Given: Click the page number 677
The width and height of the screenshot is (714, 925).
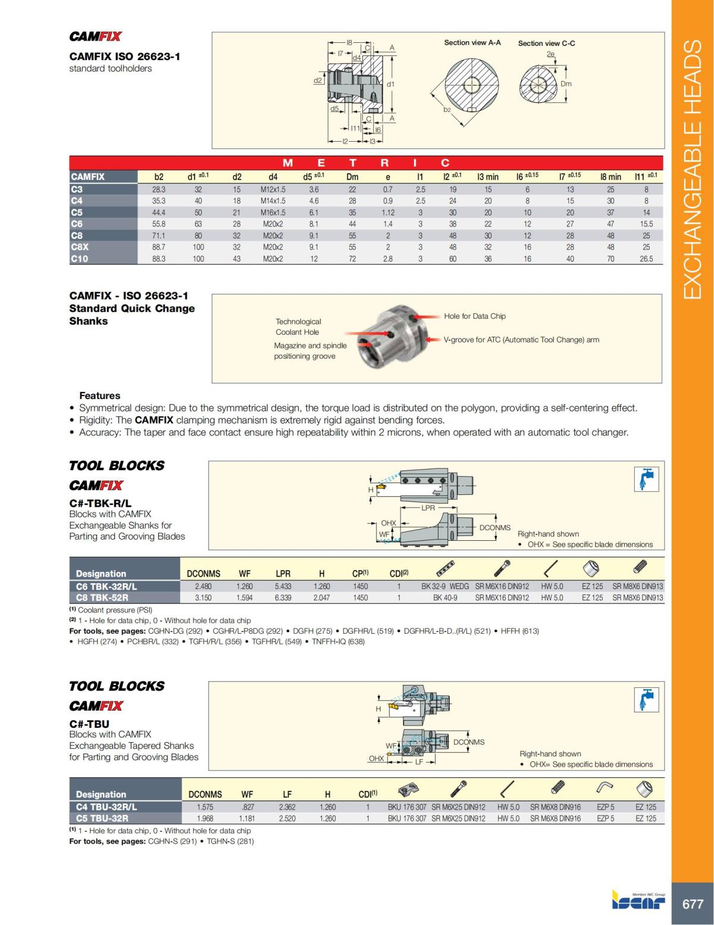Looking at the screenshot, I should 692,904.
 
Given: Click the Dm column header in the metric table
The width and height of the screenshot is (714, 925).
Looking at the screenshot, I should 352,177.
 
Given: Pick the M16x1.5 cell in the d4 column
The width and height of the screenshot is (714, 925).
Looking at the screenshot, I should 273,213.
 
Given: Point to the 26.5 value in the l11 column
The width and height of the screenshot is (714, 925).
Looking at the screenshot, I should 646,259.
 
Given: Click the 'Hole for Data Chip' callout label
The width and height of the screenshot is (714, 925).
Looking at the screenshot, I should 474,316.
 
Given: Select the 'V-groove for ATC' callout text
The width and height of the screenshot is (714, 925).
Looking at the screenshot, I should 521,340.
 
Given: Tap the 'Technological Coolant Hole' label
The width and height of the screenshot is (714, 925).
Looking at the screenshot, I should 297,327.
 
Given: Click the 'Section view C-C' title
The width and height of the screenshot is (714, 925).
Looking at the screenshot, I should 546,43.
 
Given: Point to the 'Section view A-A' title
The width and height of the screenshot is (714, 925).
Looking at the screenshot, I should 472,43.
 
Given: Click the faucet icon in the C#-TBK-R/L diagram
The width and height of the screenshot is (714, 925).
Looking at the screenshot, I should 646,479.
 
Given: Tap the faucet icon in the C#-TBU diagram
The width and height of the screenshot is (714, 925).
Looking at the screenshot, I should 646,699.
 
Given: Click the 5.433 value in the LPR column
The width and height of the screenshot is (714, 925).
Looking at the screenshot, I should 283,586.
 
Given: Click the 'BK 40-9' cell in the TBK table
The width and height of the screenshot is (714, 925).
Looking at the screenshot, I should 445,597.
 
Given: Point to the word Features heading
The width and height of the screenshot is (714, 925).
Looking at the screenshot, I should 99,396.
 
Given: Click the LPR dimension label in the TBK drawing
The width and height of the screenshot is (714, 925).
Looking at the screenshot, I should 428,508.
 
